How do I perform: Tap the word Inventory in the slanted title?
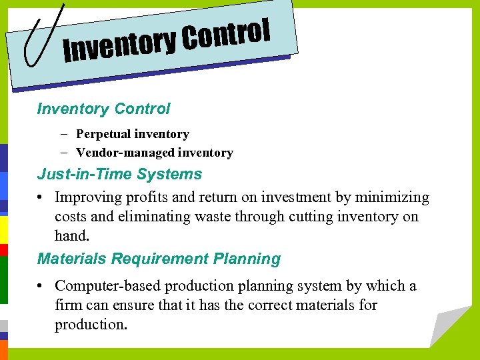click(120, 45)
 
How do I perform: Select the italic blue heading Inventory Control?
click(103, 109)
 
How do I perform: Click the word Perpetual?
click(103, 134)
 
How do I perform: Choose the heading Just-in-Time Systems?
click(119, 174)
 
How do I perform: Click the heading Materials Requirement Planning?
click(159, 259)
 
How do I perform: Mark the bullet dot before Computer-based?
click(41, 286)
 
